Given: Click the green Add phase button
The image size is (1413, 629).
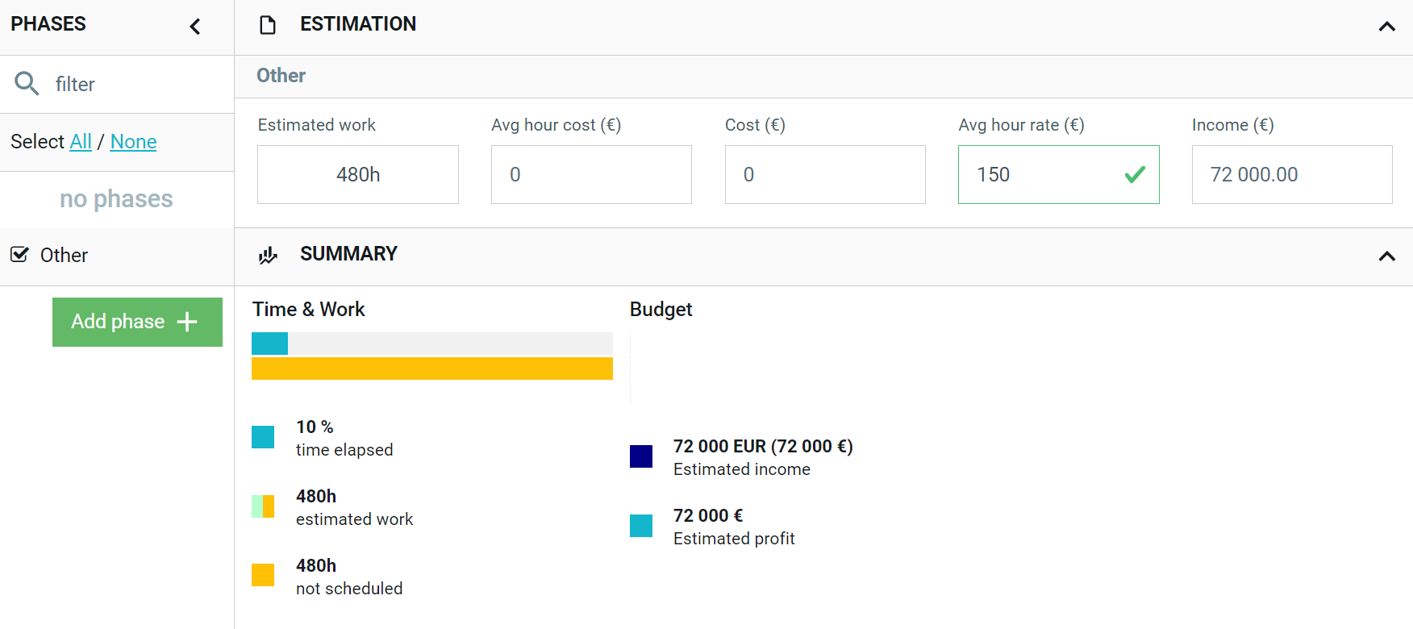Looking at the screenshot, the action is [137, 322].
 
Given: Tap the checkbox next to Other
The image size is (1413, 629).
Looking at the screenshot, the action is [19, 255].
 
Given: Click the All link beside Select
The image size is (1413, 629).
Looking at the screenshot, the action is [81, 142].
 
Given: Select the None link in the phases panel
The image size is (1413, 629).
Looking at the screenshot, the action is [133, 142].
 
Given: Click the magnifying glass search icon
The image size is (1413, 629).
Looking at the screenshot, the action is [27, 83].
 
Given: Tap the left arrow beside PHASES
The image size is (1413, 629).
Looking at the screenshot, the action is [195, 27].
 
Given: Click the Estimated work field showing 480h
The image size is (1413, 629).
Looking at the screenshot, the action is [358, 174].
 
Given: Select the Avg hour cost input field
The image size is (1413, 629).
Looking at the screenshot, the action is [591, 174].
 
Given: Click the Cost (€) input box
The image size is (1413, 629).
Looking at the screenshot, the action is [825, 174].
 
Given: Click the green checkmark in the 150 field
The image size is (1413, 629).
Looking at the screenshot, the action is [1135, 174].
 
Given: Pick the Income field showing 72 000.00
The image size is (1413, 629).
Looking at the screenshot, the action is [1292, 174].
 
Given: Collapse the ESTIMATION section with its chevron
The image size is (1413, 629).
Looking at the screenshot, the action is [1387, 27].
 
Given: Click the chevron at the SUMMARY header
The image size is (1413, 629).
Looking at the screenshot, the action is [1387, 256].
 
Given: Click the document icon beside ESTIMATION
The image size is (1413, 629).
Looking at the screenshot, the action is [267, 25].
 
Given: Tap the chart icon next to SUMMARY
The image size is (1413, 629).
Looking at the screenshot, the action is [268, 255].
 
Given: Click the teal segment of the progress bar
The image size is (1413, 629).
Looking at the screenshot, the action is [269, 344].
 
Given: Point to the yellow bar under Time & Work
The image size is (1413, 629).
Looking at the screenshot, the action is [432, 369].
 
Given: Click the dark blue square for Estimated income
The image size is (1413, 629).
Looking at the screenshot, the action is [641, 456].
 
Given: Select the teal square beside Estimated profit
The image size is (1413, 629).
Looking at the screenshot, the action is [641, 526].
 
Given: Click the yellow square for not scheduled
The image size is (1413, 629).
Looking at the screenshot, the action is [263, 575].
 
